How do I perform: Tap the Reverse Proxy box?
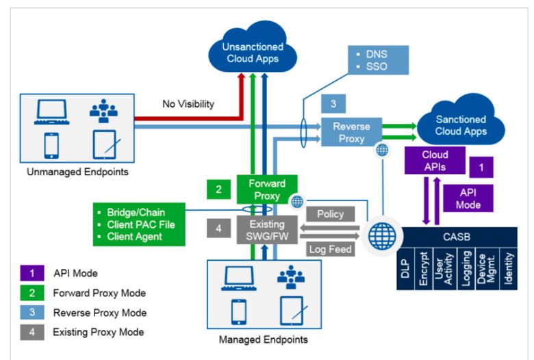point(352,133)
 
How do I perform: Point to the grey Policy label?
point(331,214)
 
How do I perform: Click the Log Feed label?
point(330,249)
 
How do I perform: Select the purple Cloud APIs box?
point(435,160)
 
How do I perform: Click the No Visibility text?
point(188,105)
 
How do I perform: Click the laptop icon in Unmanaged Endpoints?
point(51,111)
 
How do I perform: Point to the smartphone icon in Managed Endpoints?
point(238,311)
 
